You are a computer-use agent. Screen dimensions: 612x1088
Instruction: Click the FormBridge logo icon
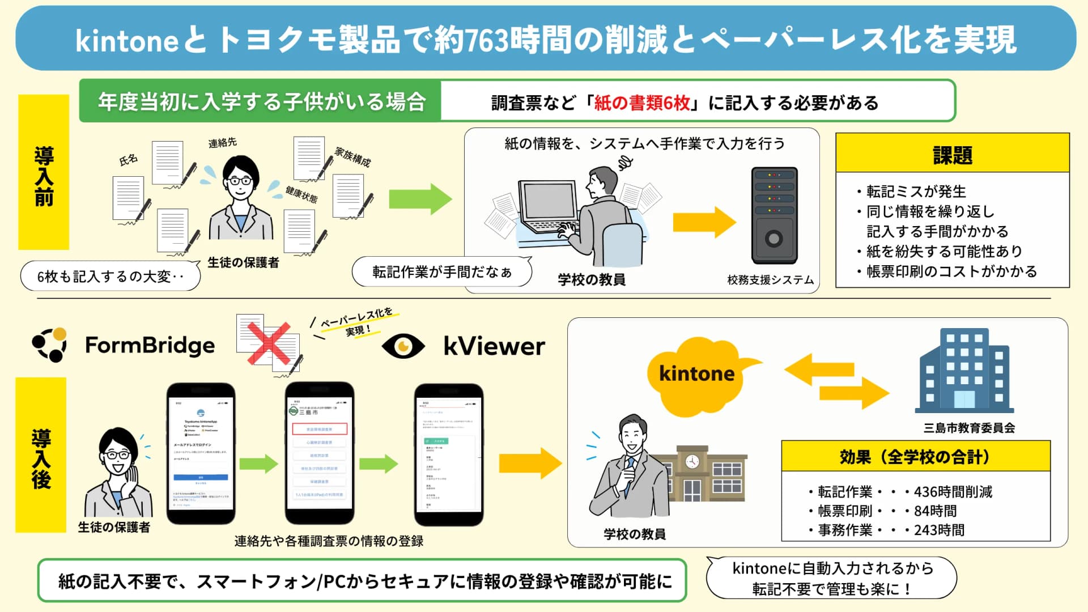50,345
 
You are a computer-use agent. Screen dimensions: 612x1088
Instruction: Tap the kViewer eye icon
403,346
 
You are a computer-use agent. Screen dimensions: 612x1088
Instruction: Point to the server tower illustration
774,215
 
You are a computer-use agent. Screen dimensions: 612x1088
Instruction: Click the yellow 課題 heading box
952,154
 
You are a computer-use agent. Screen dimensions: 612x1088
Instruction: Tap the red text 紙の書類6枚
641,103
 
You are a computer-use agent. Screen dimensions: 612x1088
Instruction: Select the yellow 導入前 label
44,173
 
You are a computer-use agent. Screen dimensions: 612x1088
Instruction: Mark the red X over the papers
269,343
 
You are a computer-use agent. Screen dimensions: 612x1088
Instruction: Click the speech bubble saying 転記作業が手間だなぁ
441,272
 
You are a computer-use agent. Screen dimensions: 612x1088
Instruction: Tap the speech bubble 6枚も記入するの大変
110,277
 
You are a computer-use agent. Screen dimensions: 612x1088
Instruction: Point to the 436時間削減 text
953,492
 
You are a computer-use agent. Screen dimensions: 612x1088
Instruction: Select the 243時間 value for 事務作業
939,530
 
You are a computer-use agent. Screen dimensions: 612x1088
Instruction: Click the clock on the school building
692,461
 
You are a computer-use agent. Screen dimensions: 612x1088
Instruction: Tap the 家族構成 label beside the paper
352,157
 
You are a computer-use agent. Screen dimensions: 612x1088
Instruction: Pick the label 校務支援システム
770,280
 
